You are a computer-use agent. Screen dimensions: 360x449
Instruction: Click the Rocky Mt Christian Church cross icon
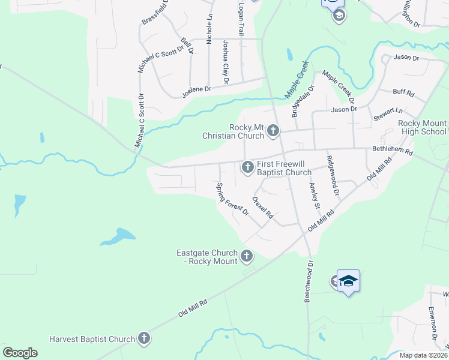click(273, 130)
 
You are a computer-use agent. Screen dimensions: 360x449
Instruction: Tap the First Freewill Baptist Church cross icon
click(247, 167)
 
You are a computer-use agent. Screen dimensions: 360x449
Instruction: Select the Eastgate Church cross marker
click(246, 257)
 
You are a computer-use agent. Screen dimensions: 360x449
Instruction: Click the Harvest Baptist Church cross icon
click(143, 339)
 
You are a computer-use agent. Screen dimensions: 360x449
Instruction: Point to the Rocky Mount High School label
click(423, 127)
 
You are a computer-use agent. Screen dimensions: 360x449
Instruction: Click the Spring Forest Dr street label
click(232, 199)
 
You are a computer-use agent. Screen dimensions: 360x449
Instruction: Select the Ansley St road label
click(314, 196)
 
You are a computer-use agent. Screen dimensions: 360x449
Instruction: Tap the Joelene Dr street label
click(197, 89)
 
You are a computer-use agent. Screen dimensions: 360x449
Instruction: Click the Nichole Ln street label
click(209, 29)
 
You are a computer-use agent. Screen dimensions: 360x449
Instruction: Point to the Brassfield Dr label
click(156, 12)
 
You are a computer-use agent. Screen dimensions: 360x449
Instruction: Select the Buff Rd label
click(403, 93)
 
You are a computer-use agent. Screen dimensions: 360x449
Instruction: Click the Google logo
click(20, 352)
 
